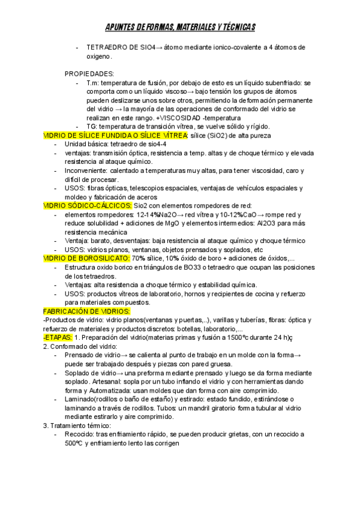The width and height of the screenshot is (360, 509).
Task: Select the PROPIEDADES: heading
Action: [x=89, y=73]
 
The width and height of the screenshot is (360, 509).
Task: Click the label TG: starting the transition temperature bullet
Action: [x=92, y=127]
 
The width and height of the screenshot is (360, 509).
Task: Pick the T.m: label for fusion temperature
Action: [x=93, y=83]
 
